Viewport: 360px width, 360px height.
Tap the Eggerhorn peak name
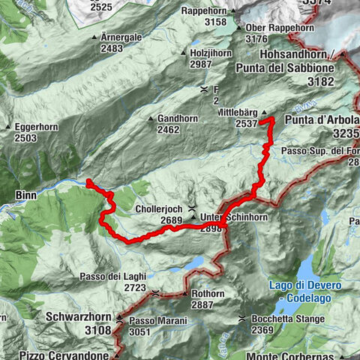click(x=35, y=127)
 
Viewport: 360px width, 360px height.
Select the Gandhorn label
click(x=178, y=118)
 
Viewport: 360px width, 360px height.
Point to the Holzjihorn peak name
click(x=211, y=53)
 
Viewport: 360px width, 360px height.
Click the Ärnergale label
click(x=121, y=37)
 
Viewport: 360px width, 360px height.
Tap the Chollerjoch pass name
click(x=160, y=208)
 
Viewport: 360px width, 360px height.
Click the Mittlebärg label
click(x=238, y=112)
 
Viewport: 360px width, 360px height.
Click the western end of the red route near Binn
click(x=88, y=181)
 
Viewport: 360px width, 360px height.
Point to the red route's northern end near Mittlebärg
click(x=271, y=118)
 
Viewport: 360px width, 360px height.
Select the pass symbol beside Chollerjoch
click(x=193, y=208)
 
